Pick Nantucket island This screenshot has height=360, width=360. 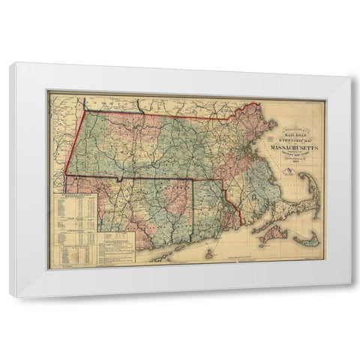coord(303,240)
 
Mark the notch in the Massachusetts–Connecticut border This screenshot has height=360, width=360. coord(120,179)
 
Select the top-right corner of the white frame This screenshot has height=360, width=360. coord(349,77)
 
